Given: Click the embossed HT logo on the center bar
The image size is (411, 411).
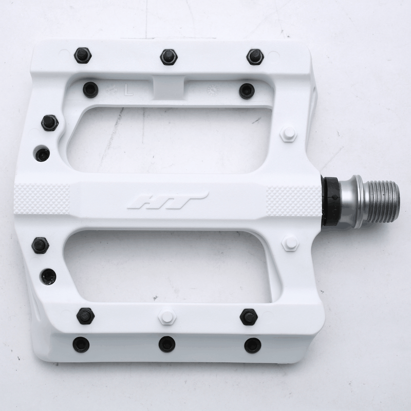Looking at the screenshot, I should [167, 200].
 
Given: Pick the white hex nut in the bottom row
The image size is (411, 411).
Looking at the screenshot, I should [167, 316].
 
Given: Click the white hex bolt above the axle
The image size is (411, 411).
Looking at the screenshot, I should [289, 135].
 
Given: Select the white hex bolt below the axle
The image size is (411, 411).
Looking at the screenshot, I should [290, 243].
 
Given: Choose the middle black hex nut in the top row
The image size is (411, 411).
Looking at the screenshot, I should [169, 57].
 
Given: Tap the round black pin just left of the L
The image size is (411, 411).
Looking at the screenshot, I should [90, 89].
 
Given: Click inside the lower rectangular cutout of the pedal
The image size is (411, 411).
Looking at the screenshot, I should [170, 265].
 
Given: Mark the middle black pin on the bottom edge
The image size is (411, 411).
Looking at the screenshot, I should [167, 344].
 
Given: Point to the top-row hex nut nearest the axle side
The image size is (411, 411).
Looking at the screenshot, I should [255, 57].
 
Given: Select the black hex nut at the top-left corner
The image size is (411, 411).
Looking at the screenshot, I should [82, 55].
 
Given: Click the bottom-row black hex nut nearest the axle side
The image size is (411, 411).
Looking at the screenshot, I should [249, 316].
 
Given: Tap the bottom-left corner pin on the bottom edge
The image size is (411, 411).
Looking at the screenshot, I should [81, 344].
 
